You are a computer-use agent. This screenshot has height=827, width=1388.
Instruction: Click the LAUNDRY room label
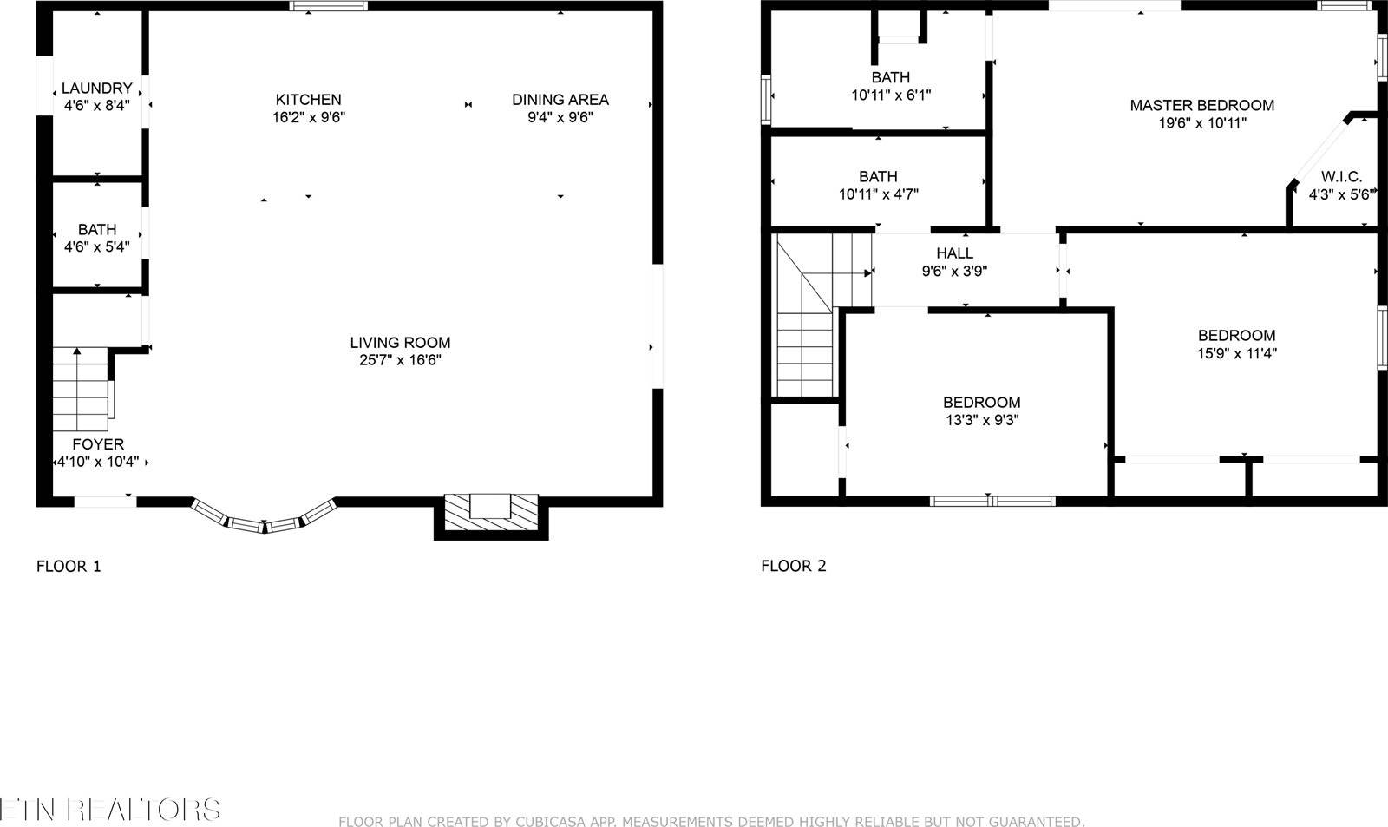tap(96, 89)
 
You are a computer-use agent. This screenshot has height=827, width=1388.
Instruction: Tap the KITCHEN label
tap(308, 100)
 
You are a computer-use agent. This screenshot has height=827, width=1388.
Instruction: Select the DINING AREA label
tap(560, 100)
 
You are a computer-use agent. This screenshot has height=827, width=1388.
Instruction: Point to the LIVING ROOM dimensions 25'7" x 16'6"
tap(400, 360)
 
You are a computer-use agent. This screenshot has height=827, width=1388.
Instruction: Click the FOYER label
tap(97, 444)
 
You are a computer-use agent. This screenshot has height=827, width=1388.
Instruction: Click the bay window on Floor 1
tap(263, 517)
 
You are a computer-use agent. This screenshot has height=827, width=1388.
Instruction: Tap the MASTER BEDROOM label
tap(1201, 106)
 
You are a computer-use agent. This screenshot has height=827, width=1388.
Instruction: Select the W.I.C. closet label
tap(1341, 177)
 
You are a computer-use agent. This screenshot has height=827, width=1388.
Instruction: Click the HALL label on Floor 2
tap(954, 253)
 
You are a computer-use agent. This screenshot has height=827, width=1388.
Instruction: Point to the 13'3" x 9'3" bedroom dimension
tap(981, 420)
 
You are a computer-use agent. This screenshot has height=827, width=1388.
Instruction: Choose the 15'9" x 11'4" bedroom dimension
tap(1236, 353)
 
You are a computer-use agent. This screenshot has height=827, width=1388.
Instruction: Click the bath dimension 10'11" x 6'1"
tap(891, 95)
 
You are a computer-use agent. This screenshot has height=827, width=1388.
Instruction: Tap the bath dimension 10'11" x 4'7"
tap(878, 194)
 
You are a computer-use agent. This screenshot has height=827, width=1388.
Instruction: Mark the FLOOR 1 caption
tap(69, 567)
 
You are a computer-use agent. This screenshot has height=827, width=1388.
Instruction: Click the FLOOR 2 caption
tap(793, 567)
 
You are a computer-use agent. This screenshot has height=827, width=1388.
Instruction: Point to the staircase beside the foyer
tap(80, 391)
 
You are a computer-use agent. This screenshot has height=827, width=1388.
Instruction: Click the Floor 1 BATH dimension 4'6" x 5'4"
tap(96, 247)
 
